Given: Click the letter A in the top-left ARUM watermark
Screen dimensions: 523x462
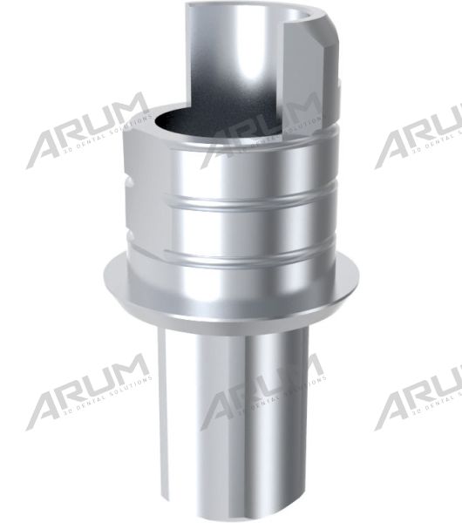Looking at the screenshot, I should click(x=45, y=147).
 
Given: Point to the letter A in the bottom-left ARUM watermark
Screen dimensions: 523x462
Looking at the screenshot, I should click(x=45, y=409).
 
